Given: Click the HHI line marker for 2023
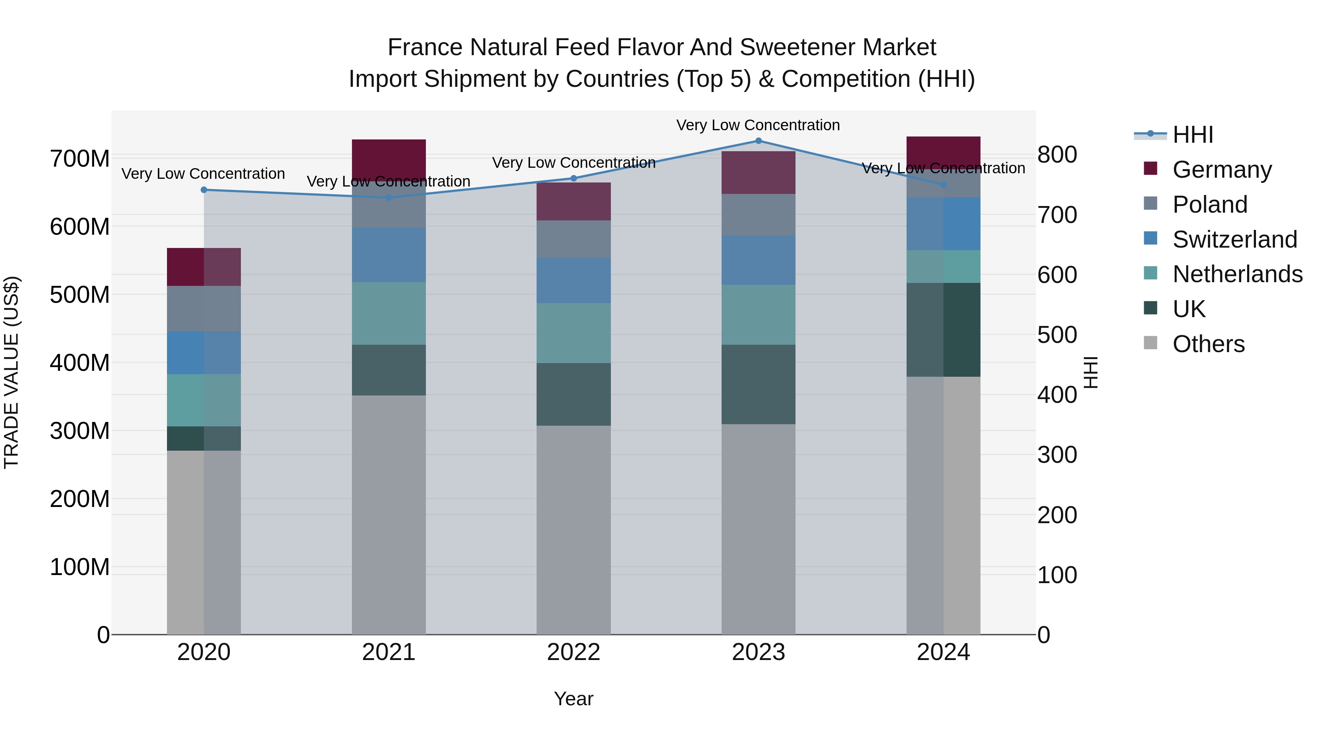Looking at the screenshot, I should pyautogui.click(x=758, y=141).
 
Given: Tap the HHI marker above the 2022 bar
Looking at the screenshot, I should pyautogui.click(x=574, y=178).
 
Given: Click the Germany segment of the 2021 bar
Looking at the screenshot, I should pyautogui.click(x=389, y=158).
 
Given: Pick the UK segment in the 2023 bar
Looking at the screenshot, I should pyautogui.click(x=758, y=384).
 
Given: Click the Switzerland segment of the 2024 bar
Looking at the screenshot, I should pyautogui.click(x=943, y=224).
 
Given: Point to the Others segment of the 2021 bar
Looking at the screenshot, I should pyautogui.click(x=389, y=514).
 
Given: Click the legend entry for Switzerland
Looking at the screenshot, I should pyautogui.click(x=1234, y=239).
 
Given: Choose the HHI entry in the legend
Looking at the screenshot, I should pyautogui.click(x=1192, y=135).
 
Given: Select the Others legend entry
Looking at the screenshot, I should pyautogui.click(x=1208, y=344).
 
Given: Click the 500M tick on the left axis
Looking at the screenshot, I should pyautogui.click(x=80, y=295).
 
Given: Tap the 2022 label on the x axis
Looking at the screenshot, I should pyautogui.click(x=574, y=652).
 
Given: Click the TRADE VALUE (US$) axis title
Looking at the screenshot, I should pyautogui.click(x=11, y=372).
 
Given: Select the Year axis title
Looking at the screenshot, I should pyautogui.click(x=574, y=699).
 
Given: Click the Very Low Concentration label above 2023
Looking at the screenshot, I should pyautogui.click(x=758, y=125).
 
